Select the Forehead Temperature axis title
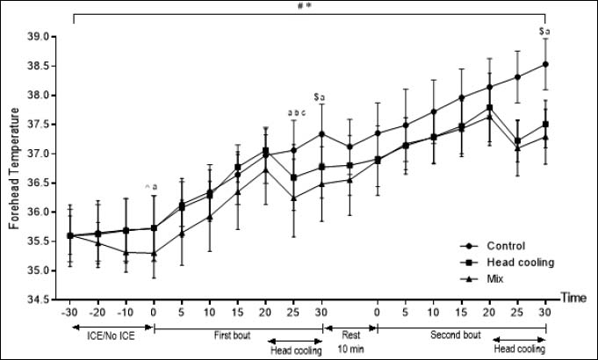pyautogui.click(x=15, y=167)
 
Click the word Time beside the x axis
pyautogui.click(x=576, y=300)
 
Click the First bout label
pyautogui.click(x=238, y=335)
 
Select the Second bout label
pyautogui.click(x=460, y=335)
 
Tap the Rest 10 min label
pyautogui.click(x=350, y=341)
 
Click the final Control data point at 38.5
pyautogui.click(x=546, y=64)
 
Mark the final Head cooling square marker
pyautogui.click(x=546, y=124)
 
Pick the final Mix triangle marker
pyautogui.click(x=546, y=137)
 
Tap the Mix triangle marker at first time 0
pyautogui.click(x=155, y=253)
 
